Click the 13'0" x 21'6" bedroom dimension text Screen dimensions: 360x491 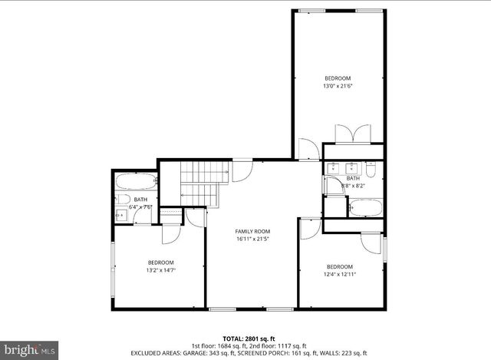pos(338,87)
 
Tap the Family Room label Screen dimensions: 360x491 pos(252,231)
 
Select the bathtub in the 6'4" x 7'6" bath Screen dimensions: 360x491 pos(136,183)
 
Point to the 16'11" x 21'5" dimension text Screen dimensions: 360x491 pos(252,239)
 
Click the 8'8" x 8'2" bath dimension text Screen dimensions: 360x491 pos(354,185)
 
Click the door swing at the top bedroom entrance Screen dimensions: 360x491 pos(308,149)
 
